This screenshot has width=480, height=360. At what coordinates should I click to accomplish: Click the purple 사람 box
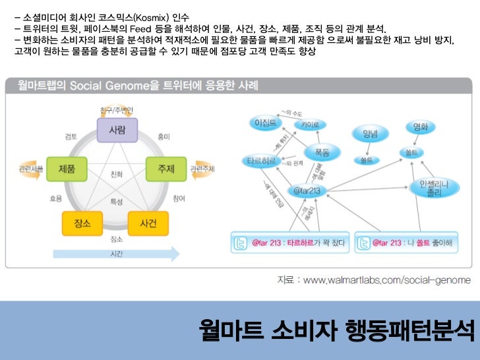pos(117,129)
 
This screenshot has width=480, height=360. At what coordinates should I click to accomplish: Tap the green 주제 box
pos(166,169)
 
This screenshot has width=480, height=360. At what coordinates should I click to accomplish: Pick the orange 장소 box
pos(84,223)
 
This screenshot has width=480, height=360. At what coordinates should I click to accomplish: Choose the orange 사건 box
pos(148,223)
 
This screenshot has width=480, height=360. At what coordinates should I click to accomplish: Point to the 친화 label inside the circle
pos(117,175)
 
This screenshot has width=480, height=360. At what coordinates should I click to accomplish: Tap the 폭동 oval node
pos(322,152)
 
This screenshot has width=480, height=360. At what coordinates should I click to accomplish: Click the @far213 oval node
pos(307,191)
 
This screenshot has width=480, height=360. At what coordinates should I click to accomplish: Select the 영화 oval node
pos(420,127)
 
